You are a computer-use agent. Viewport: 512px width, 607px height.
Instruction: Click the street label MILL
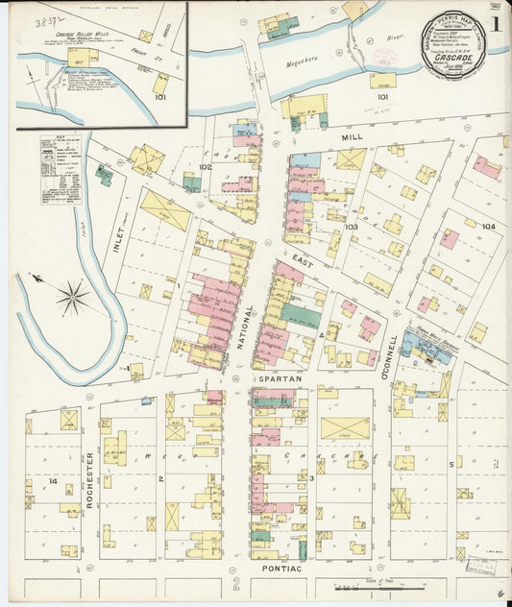tap(352, 138)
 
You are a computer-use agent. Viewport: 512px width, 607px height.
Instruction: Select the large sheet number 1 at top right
tap(496, 24)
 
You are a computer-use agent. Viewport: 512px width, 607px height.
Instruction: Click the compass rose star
tap(73, 297)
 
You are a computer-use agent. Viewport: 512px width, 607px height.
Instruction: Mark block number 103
tap(352, 228)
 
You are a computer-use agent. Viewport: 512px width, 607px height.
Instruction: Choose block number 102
tap(205, 167)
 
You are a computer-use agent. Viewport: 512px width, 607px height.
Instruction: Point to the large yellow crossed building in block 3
tap(344, 427)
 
